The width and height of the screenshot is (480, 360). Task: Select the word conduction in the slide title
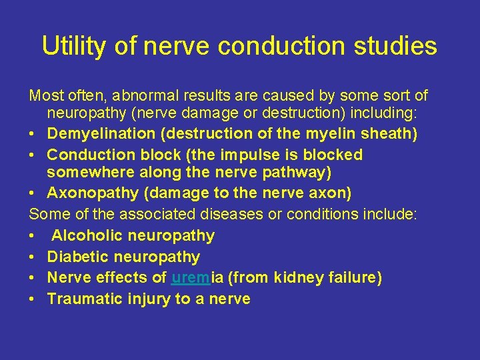283,46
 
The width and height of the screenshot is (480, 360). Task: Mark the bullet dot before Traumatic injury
33,299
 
